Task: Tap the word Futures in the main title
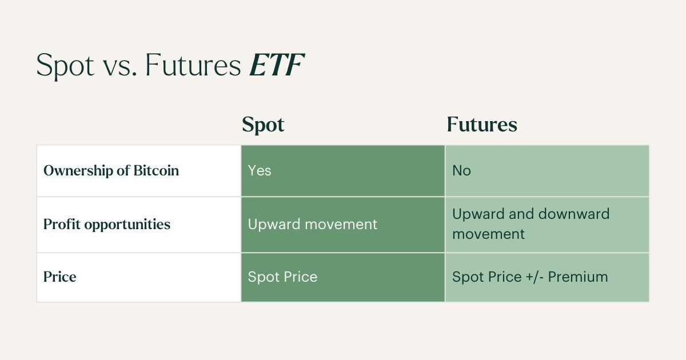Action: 193,66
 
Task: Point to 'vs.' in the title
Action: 119,66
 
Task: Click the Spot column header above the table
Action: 263,125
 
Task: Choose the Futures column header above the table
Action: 482,125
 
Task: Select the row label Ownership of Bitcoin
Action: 111,171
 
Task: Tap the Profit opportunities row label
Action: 107,225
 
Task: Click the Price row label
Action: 60,277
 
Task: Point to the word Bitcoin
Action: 156,171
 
